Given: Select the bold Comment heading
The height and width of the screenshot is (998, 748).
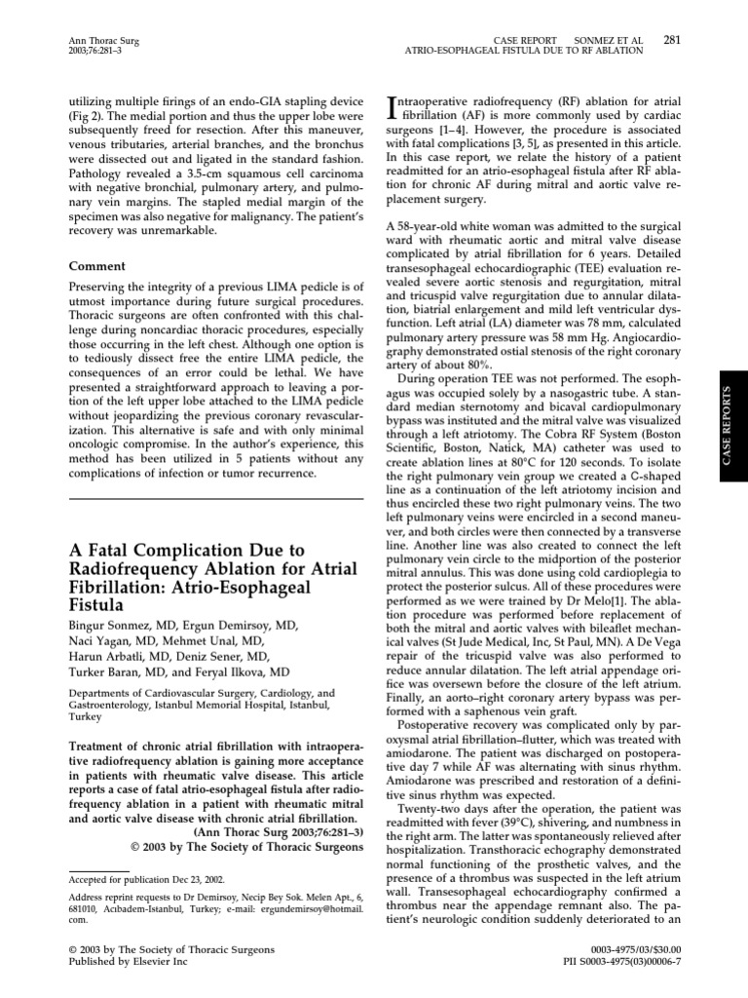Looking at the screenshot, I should tap(96, 265).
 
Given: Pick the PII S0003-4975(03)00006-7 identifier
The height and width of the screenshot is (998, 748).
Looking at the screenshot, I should tap(619, 962).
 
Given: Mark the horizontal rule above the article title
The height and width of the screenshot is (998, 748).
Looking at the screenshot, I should tap(216, 498).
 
